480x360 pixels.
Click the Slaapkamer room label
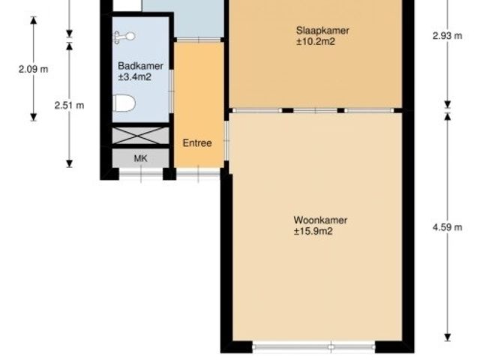tap(322, 31)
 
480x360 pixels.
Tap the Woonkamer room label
tap(320, 220)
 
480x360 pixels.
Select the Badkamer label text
tap(140, 66)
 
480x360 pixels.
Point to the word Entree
tap(197, 143)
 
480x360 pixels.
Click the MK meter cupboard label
tap(140, 158)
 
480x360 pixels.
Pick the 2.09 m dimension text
tap(33, 69)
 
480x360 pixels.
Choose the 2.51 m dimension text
tap(69, 105)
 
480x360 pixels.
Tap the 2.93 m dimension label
tap(447, 36)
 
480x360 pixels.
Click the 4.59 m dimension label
tap(447, 227)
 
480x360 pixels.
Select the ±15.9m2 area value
tap(313, 231)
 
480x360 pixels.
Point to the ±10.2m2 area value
tap(315, 42)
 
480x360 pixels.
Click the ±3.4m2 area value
tap(135, 76)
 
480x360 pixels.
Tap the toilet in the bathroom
tap(124, 103)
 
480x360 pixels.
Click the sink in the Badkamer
tap(124, 37)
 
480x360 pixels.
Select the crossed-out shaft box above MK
tap(140, 135)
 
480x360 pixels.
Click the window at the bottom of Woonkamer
tap(313, 347)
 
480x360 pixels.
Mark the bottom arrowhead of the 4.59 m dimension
tap(448, 337)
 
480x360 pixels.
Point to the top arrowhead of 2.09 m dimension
tap(33, 20)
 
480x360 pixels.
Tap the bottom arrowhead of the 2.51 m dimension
tap(70, 163)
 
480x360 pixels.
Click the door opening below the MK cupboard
tap(141, 174)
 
